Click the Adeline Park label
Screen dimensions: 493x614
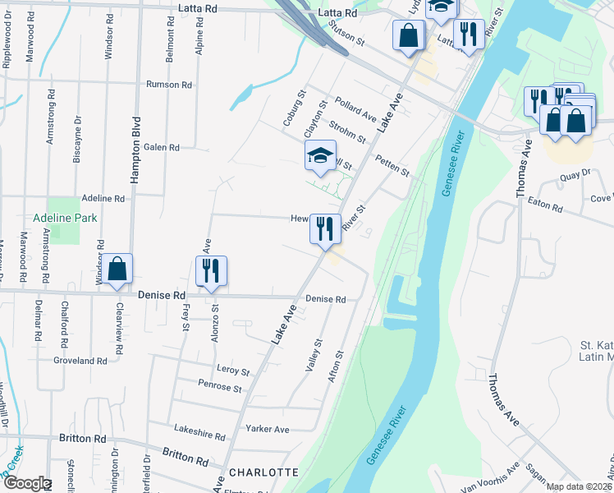click(x=65, y=218)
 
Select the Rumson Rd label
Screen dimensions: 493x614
click(x=168, y=85)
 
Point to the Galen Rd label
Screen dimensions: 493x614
click(x=161, y=148)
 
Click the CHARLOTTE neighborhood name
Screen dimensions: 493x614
click(x=263, y=472)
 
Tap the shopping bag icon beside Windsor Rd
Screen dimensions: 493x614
click(x=117, y=269)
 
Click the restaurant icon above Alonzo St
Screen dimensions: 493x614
click(x=212, y=270)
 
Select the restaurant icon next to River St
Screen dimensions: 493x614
click(x=325, y=228)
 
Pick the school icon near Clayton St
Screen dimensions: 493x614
click(x=321, y=154)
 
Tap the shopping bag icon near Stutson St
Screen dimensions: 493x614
click(x=408, y=36)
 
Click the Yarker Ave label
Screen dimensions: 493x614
click(x=268, y=429)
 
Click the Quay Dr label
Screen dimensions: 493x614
click(x=575, y=173)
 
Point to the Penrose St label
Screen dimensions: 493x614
click(x=220, y=386)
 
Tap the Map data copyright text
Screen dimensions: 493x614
click(x=578, y=486)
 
